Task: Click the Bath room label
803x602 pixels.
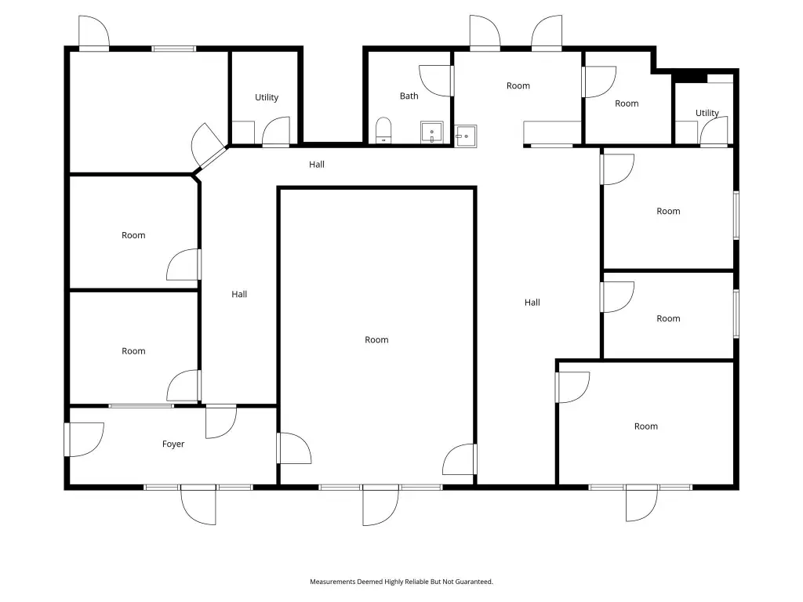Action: coord(409,96)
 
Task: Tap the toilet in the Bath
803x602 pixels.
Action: coord(383,130)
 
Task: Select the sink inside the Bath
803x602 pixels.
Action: coord(432,132)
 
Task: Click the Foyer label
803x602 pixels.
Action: coord(173,444)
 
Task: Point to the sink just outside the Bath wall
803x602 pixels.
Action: coord(466,136)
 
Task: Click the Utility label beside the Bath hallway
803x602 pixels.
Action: coord(267,97)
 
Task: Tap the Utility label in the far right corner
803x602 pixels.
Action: coord(707,113)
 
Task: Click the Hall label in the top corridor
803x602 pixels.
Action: coord(317,165)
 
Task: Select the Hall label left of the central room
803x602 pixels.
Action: coord(239,295)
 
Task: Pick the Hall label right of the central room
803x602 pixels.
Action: coord(532,303)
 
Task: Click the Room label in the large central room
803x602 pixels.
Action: coord(376,340)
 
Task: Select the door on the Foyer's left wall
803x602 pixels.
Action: coord(85,439)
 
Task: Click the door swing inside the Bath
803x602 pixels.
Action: coord(436,81)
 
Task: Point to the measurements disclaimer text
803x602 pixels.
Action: coord(401,582)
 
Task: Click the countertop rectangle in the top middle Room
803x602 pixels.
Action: coord(552,132)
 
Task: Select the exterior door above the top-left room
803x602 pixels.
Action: coord(94,33)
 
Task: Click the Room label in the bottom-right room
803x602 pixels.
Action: coord(646,426)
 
